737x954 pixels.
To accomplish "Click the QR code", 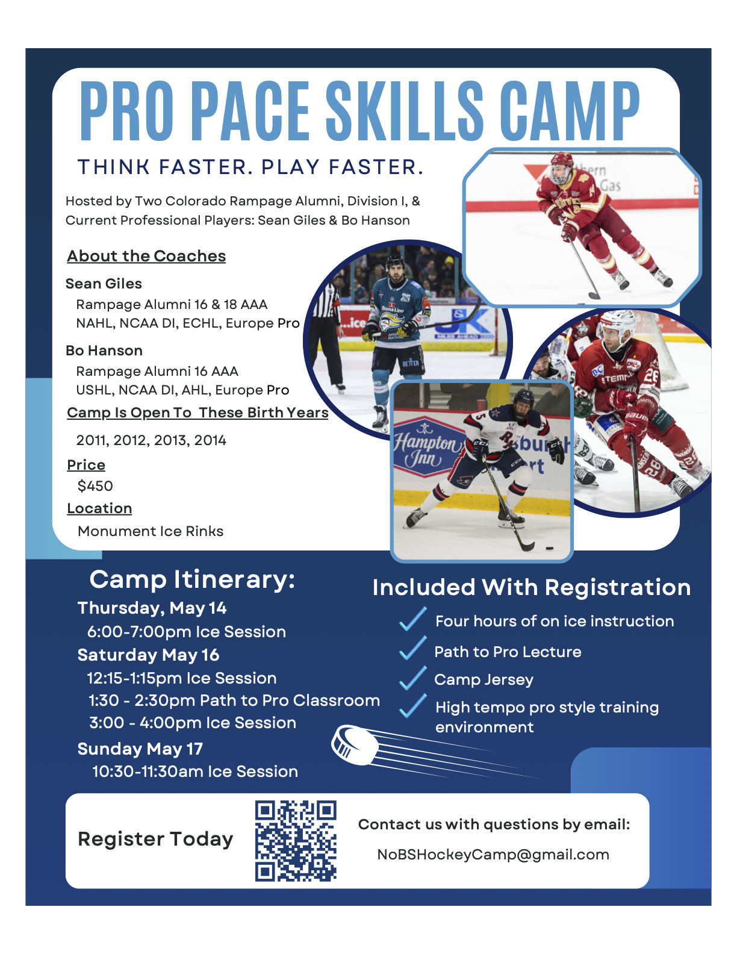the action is pos(296,841).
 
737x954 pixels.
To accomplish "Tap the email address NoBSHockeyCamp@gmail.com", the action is pos(493,855).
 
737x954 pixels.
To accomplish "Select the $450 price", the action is pos(95,485).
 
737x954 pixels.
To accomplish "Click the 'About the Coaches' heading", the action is pos(146,255).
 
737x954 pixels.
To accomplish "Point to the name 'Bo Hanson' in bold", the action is pos(104,351).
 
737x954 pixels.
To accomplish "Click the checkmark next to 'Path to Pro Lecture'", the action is pos(412,648).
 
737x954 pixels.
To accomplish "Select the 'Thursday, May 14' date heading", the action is pos(152,608).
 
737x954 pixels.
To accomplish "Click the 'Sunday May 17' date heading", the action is pos(140,749).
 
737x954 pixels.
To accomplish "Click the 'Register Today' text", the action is pos(155,840).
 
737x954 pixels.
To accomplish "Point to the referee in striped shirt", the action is pos(327,334).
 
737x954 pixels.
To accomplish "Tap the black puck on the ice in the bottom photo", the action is pos(549,548).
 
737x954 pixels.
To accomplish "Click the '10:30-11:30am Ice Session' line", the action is pos(195,772).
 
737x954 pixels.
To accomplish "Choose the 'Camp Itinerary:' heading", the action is pos(192,579).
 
